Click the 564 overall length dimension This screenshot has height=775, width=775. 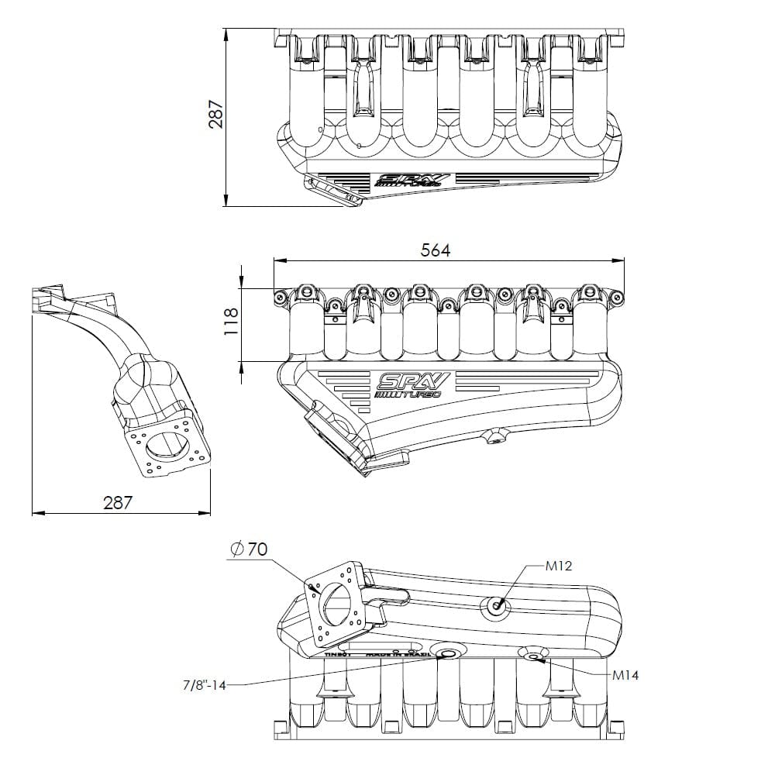(x=435, y=250)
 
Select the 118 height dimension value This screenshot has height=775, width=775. (x=230, y=320)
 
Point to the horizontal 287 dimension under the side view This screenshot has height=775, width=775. (x=118, y=502)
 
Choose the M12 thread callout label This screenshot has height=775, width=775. (x=558, y=566)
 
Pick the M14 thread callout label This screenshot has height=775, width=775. (x=625, y=675)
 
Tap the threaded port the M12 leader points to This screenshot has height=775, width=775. (x=496, y=606)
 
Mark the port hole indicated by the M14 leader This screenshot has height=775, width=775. (x=535, y=657)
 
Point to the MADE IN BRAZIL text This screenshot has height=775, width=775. (x=397, y=655)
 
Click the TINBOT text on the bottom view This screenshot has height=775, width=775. (x=338, y=655)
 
